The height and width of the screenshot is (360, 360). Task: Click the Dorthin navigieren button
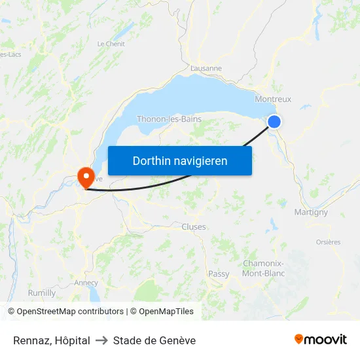pyautogui.click(x=180, y=160)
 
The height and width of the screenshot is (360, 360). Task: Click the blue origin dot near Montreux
pyautogui.click(x=274, y=121)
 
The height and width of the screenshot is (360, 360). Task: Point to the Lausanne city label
pyautogui.click(x=206, y=68)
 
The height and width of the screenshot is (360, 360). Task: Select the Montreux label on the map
pyautogui.click(x=272, y=99)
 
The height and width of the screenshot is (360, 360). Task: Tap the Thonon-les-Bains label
pyautogui.click(x=169, y=119)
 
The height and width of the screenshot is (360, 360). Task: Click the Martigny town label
pyautogui.click(x=311, y=212)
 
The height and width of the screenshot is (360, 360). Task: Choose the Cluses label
pyautogui.click(x=194, y=227)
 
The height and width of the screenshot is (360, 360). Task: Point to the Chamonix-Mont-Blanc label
pyautogui.click(x=263, y=268)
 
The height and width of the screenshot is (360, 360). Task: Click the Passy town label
pyautogui.click(x=219, y=274)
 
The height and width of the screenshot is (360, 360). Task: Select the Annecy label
pyautogui.click(x=86, y=283)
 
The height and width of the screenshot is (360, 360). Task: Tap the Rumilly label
pyautogui.click(x=42, y=293)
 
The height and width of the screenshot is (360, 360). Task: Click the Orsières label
pyautogui.click(x=328, y=242)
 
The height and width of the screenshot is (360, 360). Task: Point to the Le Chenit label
pyautogui.click(x=111, y=44)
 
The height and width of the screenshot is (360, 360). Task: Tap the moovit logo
pyautogui.click(x=321, y=340)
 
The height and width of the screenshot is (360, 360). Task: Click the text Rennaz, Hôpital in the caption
pyautogui.click(x=52, y=340)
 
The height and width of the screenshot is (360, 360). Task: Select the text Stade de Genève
pyautogui.click(x=154, y=340)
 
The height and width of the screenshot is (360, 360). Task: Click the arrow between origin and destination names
pyautogui.click(x=101, y=340)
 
